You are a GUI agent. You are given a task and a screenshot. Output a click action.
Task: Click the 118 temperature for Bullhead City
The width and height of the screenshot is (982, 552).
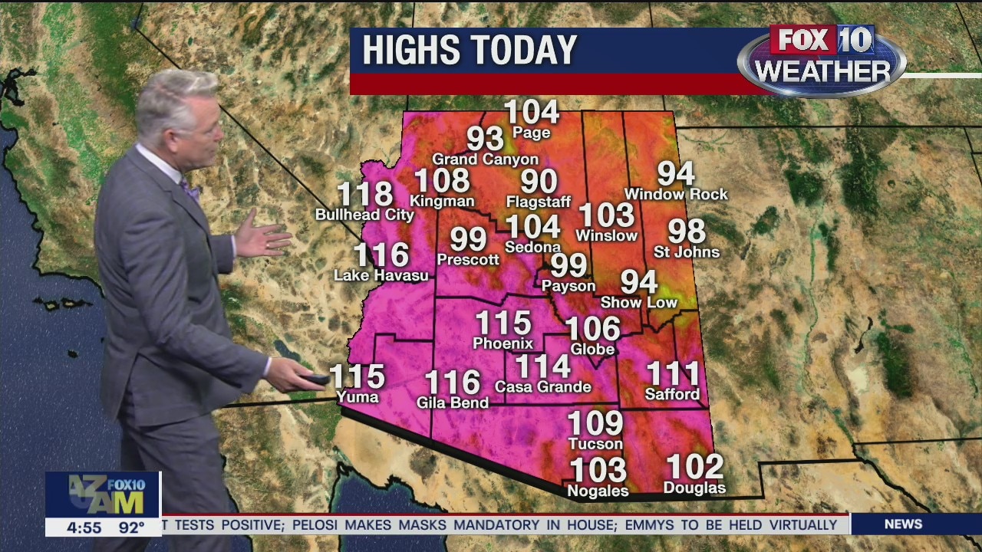pyautogui.click(x=365, y=195)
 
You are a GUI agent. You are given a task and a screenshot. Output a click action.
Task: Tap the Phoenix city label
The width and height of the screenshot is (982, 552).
pyautogui.click(x=503, y=343)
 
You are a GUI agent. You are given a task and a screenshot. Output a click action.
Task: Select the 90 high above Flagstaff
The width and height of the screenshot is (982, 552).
pyautogui.click(x=539, y=182)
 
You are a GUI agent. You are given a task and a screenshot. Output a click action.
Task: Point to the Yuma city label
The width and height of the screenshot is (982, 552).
pyautogui.click(x=358, y=397)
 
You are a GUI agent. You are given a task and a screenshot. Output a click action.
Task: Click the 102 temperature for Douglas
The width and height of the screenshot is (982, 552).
pyautogui.click(x=694, y=466)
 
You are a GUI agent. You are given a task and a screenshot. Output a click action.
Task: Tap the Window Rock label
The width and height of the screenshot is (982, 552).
pyautogui.click(x=676, y=195)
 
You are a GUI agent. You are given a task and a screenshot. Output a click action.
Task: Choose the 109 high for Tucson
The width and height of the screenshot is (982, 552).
pyautogui.click(x=595, y=422)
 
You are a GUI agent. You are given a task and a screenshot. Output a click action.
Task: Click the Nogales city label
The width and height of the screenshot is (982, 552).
pyautogui.click(x=597, y=491)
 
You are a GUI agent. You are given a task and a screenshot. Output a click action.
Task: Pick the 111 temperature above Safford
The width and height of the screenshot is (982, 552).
pyautogui.click(x=673, y=374)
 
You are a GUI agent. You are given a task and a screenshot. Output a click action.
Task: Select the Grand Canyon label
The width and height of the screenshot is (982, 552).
pyautogui.click(x=485, y=159)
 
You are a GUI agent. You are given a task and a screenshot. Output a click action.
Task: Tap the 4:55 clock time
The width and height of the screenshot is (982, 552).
pyautogui.click(x=84, y=527)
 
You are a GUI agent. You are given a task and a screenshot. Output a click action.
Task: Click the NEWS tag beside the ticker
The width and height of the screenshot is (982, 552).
pyautogui.click(x=903, y=524)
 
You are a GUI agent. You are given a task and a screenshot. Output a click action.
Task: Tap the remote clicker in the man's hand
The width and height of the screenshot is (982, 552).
pyautogui.click(x=317, y=378)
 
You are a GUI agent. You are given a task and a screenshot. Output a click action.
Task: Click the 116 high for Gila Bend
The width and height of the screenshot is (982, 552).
pyautogui.click(x=453, y=383)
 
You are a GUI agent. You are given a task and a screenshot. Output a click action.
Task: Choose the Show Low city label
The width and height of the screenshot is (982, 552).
pyautogui.click(x=639, y=303)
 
